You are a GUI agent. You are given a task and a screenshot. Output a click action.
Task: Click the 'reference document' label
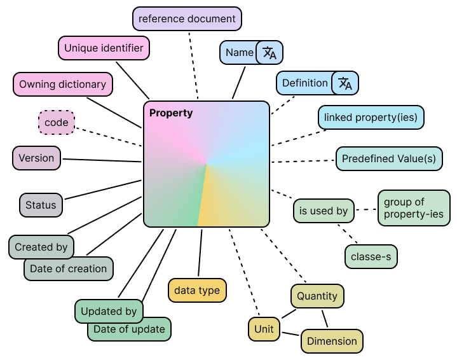click(x=187, y=18)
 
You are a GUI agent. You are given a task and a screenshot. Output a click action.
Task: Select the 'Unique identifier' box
click(x=104, y=48)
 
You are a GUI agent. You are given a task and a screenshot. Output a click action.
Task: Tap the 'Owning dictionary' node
click(x=62, y=84)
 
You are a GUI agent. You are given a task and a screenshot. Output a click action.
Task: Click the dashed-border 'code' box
click(x=57, y=122)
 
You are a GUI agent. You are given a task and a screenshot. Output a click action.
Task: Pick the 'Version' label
click(x=36, y=158)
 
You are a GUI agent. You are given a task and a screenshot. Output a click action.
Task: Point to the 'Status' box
click(x=41, y=205)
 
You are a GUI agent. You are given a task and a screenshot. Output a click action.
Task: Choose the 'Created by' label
click(x=41, y=247)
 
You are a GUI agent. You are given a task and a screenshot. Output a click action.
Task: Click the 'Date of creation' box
click(x=68, y=268)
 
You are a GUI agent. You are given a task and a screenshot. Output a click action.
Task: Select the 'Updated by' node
click(x=109, y=311)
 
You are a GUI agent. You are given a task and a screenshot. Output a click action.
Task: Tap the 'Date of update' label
click(x=129, y=329)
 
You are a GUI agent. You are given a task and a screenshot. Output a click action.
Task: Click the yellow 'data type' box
click(x=197, y=290)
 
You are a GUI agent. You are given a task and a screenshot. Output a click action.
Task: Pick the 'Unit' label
click(x=264, y=328)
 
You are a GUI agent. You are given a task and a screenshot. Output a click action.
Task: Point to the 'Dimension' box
click(x=332, y=341)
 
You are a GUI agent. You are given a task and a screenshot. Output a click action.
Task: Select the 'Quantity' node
click(x=317, y=296)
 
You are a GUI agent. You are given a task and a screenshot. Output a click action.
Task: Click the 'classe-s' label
click(x=371, y=256)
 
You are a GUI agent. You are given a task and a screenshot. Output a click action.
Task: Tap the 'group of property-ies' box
click(x=414, y=208)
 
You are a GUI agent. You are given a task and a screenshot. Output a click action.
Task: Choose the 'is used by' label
click(x=324, y=211)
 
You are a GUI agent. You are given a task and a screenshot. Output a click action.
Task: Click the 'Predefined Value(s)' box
click(x=389, y=158)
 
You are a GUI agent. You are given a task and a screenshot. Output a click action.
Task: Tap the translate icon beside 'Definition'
click(x=345, y=83)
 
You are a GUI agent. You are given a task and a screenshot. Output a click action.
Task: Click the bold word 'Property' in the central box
click(x=171, y=113)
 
